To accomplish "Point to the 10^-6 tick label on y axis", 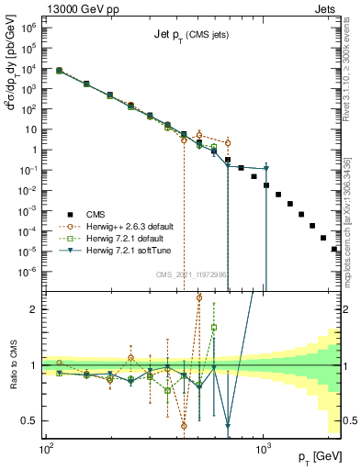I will tap(29, 271).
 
